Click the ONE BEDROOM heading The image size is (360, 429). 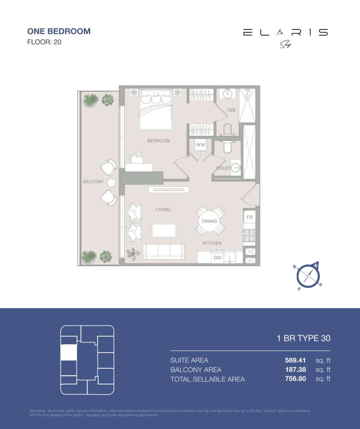coord(59,31)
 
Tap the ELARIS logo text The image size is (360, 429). coord(285,33)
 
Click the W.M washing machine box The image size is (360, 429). coord(200,145)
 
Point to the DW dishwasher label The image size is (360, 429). coord(217,258)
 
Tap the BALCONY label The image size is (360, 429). coord(93,182)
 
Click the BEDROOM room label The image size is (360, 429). coord(159,141)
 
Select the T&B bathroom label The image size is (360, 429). coord(231,110)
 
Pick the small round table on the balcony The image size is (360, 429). coord(112,183)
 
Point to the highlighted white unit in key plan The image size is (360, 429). coord(69,352)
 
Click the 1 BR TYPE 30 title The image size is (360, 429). coord(304,338)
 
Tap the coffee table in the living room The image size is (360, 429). coord(164,230)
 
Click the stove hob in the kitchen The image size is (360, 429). coord(249,236)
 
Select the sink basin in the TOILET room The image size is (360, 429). coord(235,167)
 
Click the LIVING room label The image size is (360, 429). coord(163,209)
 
